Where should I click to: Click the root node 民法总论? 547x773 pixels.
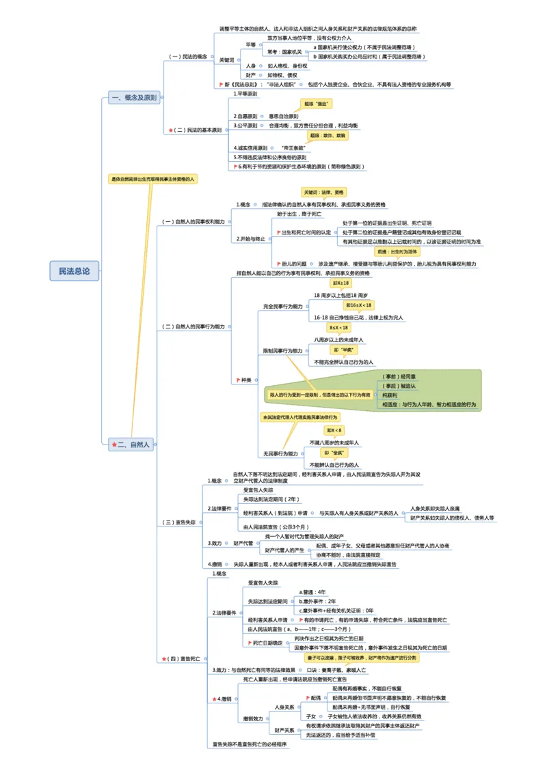(x=74, y=271)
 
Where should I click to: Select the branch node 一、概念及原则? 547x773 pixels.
(x=134, y=98)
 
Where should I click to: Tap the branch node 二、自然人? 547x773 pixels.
(x=131, y=445)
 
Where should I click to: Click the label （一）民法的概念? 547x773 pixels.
(x=188, y=57)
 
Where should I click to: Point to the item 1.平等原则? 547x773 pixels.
(x=245, y=94)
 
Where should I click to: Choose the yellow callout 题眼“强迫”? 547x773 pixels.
(x=315, y=104)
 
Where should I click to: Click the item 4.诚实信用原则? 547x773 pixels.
(x=250, y=147)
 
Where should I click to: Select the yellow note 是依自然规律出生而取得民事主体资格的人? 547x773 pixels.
(x=153, y=179)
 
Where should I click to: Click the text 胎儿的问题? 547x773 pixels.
(x=293, y=264)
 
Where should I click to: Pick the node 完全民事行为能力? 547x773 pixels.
(x=282, y=307)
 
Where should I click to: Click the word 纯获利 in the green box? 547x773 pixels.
(x=390, y=395)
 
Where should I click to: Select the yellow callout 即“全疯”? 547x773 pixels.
(x=335, y=453)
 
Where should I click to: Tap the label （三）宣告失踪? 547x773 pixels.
(x=179, y=522)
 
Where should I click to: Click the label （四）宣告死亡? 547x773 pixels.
(x=180, y=659)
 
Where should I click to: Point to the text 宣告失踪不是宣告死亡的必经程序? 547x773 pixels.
(x=249, y=744)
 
